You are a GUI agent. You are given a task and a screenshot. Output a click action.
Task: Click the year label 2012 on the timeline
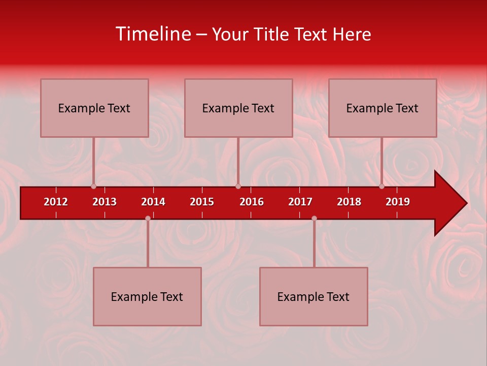click(56, 202)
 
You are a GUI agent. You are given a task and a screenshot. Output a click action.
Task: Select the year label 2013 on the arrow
click(105, 202)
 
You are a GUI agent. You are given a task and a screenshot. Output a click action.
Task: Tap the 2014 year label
click(153, 202)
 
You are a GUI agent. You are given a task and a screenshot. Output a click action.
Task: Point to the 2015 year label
click(202, 202)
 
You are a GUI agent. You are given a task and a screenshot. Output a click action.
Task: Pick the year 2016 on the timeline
click(252, 202)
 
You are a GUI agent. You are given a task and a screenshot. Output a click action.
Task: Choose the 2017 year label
click(300, 202)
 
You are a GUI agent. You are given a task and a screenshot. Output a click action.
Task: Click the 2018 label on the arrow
click(349, 202)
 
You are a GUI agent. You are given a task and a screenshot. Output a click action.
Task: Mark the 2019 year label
click(398, 202)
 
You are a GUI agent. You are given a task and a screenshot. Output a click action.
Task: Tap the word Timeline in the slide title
click(153, 34)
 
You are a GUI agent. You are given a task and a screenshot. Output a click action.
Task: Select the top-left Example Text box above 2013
click(94, 108)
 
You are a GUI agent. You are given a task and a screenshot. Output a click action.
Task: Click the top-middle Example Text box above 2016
click(238, 108)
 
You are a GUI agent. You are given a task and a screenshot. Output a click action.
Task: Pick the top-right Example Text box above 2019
click(382, 108)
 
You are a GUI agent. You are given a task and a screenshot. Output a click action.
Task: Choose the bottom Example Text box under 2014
click(147, 296)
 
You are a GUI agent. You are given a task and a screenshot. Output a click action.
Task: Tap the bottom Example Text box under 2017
click(314, 296)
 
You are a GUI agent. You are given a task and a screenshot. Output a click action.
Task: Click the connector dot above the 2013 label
click(94, 187)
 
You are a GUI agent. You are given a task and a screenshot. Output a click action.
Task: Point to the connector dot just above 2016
click(238, 187)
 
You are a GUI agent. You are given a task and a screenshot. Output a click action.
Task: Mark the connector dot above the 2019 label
click(382, 187)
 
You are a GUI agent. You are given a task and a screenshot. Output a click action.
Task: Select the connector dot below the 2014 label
click(148, 218)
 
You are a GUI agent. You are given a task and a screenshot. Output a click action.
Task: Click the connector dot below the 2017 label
click(314, 218)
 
